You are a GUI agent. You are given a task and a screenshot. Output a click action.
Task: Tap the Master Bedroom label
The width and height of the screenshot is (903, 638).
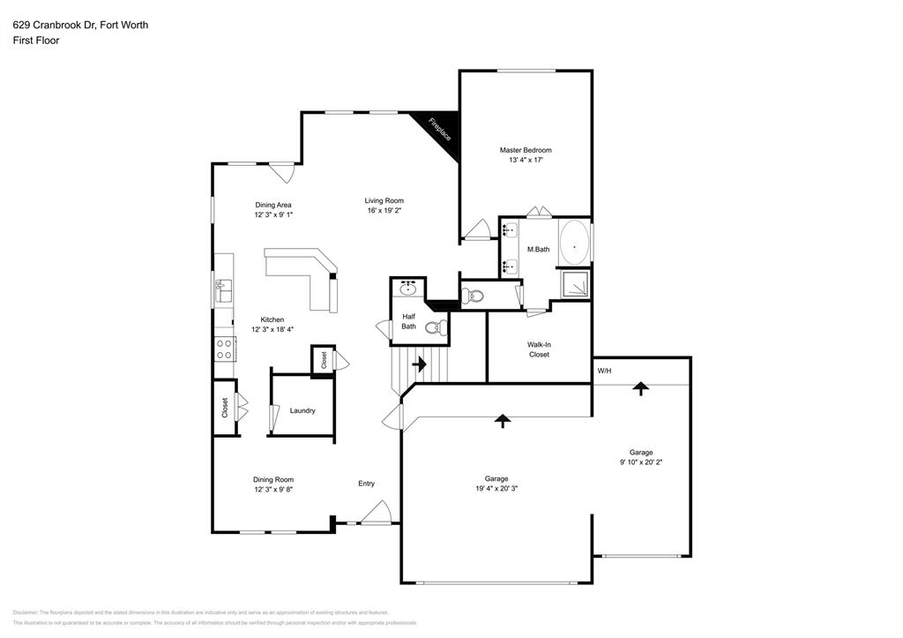click(525, 150)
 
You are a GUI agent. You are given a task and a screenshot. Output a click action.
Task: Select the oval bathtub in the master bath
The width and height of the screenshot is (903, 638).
click(574, 242)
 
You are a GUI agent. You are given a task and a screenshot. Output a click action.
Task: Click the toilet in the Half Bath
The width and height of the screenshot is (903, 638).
click(434, 328)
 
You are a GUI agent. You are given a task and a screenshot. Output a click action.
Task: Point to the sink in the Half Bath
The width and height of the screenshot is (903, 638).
click(408, 289)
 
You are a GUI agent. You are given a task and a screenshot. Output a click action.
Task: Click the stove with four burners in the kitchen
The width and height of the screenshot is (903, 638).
click(224, 349)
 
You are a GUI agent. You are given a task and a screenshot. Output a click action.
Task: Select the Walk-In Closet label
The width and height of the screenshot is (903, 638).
click(539, 349)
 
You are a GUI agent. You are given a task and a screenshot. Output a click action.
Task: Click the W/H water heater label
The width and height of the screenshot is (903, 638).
click(604, 371)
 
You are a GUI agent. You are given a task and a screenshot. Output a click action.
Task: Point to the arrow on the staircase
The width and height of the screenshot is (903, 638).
click(420, 363)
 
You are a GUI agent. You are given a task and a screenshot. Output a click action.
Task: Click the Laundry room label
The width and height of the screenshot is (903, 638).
click(302, 410)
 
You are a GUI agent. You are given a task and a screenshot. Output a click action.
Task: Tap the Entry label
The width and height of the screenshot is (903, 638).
click(366, 483)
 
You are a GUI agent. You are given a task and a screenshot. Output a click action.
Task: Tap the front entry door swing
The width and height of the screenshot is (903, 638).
click(377, 512)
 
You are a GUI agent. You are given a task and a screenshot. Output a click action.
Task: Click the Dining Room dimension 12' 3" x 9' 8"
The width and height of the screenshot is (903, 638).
click(273, 488)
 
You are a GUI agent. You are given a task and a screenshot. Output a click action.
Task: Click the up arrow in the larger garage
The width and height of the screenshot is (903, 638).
click(503, 421)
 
